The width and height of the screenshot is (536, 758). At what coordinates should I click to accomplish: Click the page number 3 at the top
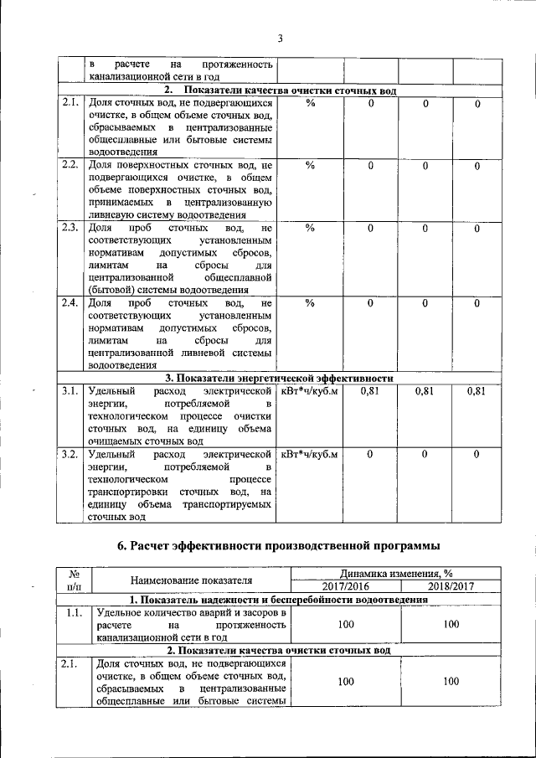point(281,38)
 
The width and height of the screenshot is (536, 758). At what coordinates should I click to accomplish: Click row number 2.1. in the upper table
point(70,103)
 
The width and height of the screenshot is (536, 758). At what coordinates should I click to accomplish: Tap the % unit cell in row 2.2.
point(310,165)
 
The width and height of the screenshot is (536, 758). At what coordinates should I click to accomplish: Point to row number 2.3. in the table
point(70,227)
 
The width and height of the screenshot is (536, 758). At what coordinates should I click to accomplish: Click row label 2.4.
point(70,302)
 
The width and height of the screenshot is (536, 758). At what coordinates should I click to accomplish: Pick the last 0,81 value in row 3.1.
point(476,391)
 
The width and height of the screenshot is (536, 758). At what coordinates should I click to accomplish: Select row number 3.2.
point(70,454)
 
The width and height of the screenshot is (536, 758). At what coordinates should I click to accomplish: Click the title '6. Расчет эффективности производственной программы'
point(277,546)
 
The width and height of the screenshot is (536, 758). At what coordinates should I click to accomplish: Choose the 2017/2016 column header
point(346,586)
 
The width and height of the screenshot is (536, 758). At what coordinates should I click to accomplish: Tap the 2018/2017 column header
point(451,586)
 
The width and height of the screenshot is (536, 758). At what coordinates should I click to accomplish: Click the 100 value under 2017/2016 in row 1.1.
point(346,624)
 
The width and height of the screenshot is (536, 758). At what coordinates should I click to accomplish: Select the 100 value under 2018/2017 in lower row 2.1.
point(451,682)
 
